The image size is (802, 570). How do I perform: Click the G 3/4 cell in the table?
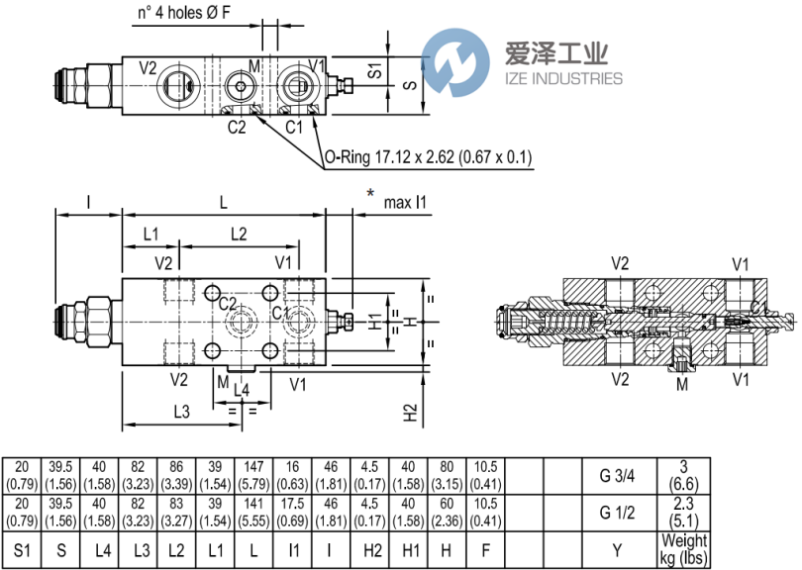[x=617, y=475]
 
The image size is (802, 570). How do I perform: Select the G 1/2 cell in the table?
[x=617, y=512]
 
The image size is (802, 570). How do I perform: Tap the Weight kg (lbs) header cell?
[x=684, y=549]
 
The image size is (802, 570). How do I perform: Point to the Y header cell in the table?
[x=617, y=549]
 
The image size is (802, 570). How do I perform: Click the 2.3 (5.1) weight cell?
[x=684, y=512]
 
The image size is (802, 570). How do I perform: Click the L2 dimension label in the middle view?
[x=238, y=235]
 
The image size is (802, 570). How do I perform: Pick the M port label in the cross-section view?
[x=680, y=383]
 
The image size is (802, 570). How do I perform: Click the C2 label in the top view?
[x=236, y=127]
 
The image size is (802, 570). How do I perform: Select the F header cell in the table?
[x=484, y=549]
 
